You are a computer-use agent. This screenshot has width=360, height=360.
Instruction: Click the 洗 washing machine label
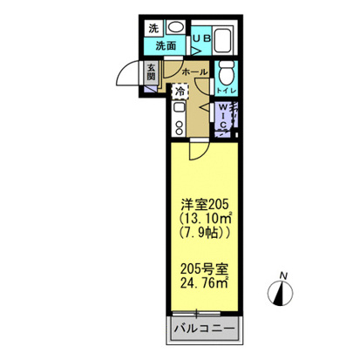tap(153, 27)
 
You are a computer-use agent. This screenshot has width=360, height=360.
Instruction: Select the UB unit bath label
tap(200, 39)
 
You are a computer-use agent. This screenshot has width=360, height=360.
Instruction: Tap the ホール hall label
tap(194, 72)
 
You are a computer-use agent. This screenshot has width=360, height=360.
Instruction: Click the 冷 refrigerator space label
tap(180, 92)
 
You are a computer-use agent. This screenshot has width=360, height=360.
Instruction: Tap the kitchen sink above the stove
tap(179, 107)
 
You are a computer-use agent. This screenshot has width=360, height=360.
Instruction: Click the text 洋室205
tap(202, 204)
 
